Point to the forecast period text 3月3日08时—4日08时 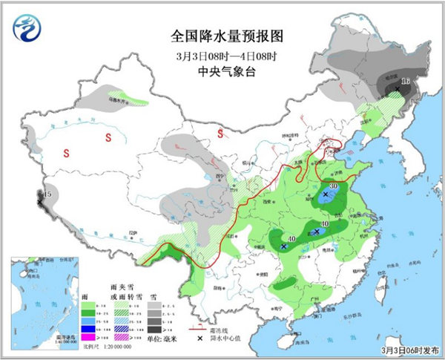click(222, 56)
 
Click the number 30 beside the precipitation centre click(334, 186)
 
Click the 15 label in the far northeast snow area click(406, 81)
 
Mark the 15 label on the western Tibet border click(47, 194)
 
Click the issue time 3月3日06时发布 click(412, 349)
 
